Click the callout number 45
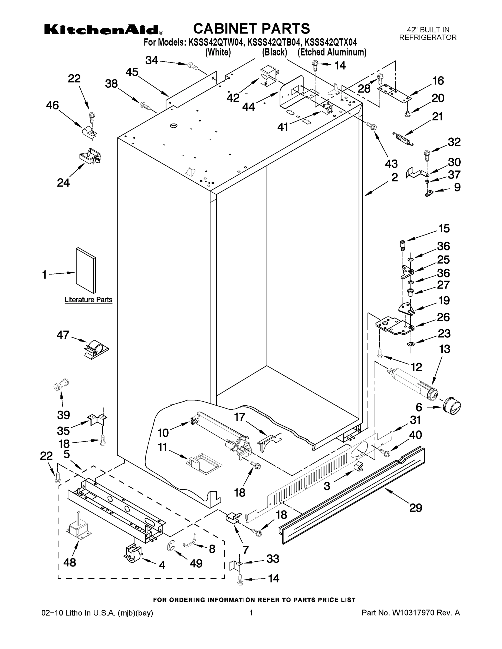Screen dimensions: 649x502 pyautogui.click(x=132, y=72)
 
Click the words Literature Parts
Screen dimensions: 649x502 pyautogui.click(x=88, y=300)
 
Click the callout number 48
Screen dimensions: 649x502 pyautogui.click(x=70, y=562)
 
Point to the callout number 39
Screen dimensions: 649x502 pyautogui.click(x=64, y=415)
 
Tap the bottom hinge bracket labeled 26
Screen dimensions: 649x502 pyautogui.click(x=393, y=327)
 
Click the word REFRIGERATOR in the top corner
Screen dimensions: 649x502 pyautogui.click(x=428, y=37)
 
